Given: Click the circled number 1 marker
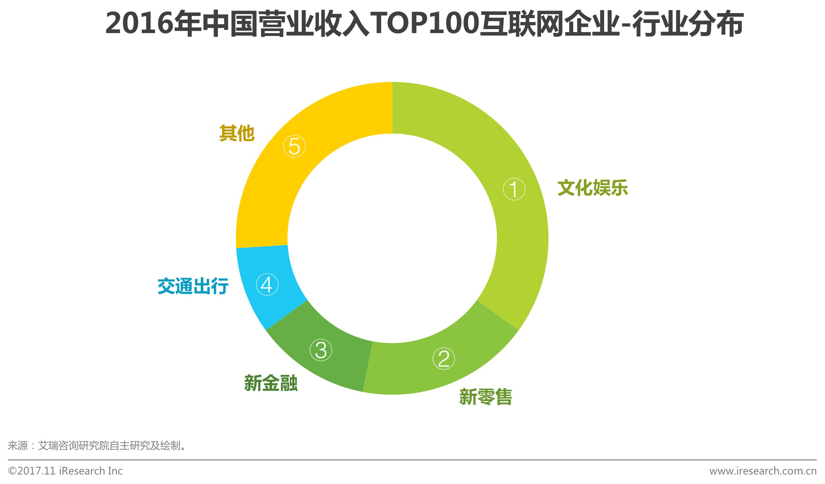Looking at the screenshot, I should click(514, 189).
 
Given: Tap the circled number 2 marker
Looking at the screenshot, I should click(443, 358).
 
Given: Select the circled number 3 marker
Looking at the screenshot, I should click(321, 350).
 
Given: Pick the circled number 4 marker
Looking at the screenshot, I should click(267, 284).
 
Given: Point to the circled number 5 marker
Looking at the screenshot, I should click(294, 146).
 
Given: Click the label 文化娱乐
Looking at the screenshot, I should click(592, 188).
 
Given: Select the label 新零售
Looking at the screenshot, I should click(485, 397).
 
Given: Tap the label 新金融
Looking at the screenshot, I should click(271, 383).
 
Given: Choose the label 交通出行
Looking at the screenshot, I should click(193, 286).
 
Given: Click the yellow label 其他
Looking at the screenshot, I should click(236, 133).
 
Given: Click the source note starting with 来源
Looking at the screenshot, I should click(97, 446).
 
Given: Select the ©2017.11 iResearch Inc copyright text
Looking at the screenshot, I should click(65, 471).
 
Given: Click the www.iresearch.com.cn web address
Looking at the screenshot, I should click(763, 471).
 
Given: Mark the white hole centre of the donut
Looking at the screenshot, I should click(392, 238).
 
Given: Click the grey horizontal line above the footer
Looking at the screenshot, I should click(412, 460).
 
